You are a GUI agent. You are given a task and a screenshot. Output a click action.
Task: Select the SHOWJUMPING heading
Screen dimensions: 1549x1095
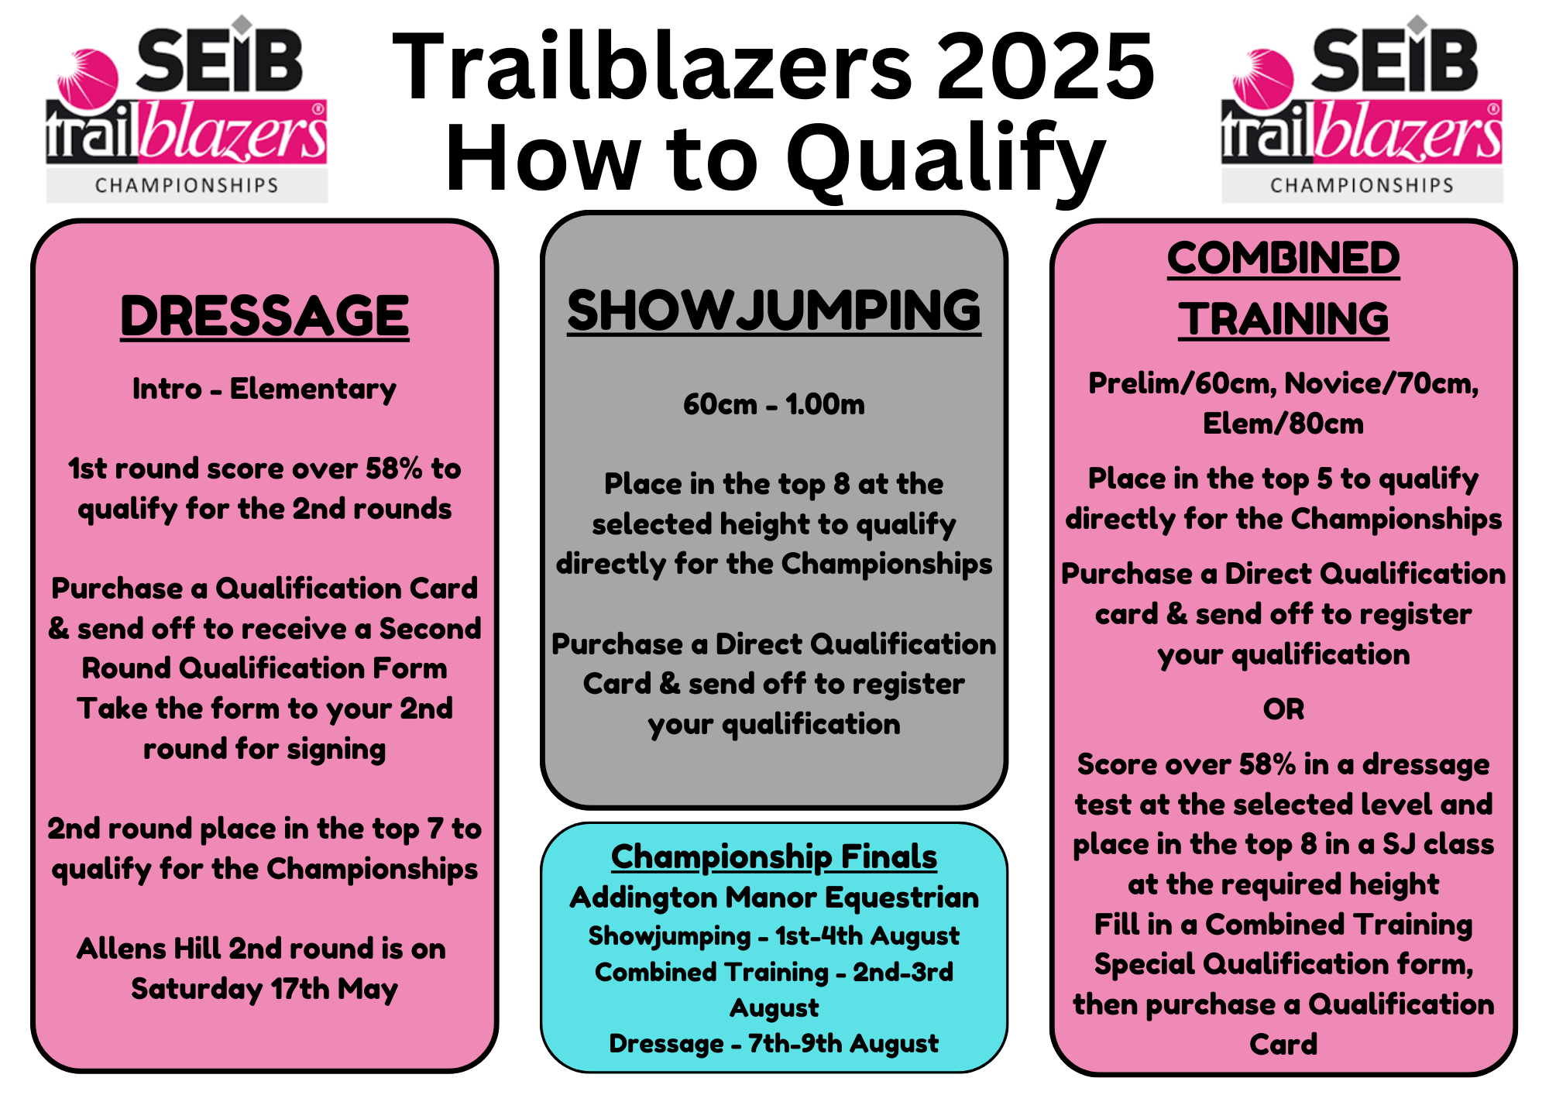click(774, 311)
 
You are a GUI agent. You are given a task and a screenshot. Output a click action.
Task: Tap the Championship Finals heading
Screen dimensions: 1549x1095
click(774, 856)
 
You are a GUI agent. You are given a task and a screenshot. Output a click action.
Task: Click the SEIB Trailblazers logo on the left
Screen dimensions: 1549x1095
click(187, 108)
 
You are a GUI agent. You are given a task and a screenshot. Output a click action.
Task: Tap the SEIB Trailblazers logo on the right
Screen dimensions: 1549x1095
click(1362, 108)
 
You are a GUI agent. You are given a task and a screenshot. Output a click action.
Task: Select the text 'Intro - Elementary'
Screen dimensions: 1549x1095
click(264, 389)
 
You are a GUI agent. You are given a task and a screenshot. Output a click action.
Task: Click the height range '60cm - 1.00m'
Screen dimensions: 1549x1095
click(774, 404)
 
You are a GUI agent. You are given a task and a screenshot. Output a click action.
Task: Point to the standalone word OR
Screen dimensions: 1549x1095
click(1283, 709)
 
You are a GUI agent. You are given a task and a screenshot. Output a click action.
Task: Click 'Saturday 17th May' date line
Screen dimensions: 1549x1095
click(264, 989)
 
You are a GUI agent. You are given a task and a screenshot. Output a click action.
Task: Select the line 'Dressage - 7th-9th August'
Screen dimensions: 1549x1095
click(774, 1043)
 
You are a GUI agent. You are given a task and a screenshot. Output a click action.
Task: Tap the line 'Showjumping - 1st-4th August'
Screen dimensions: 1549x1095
click(774, 935)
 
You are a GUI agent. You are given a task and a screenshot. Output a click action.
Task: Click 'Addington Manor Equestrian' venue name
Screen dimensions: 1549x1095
click(774, 898)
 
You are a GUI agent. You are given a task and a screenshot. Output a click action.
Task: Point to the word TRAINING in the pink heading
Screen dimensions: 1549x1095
click(1283, 319)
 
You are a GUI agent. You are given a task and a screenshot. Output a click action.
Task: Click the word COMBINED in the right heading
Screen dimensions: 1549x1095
click(1283, 258)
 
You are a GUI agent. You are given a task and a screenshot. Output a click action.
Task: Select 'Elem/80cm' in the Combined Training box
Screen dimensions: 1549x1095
click(1283, 424)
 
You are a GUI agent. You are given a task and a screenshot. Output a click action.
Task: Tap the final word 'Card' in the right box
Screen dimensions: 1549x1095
click(1283, 1045)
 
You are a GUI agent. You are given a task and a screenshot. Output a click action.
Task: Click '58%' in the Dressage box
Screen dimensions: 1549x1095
click(393, 469)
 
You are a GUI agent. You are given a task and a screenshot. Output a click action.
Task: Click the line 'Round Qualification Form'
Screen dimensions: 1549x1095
click(264, 668)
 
